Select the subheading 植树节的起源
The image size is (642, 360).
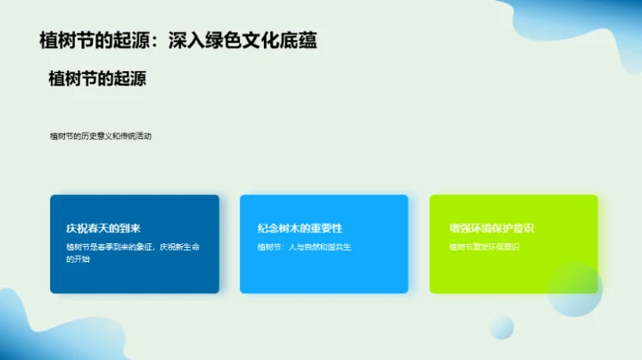[97, 78]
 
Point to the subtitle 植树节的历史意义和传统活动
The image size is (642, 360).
[101, 136]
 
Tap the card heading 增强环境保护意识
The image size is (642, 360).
[491, 228]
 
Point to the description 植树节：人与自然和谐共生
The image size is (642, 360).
[304, 246]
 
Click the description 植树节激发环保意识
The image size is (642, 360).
[484, 246]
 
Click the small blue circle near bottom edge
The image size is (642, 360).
[502, 327]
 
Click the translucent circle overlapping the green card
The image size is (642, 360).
[576, 290]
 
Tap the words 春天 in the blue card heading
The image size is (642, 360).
[100, 228]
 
